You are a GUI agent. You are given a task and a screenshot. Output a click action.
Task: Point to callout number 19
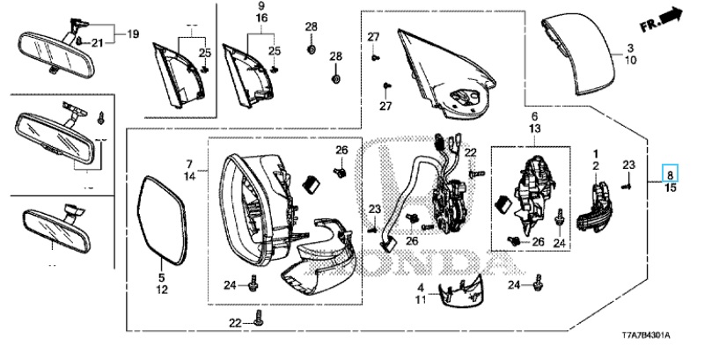pos(134,34)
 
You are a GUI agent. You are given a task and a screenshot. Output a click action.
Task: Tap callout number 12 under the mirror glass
pos(162,290)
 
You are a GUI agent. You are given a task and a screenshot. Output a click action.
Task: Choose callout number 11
pos(421,300)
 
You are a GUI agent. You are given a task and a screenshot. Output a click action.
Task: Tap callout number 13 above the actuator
pos(533,129)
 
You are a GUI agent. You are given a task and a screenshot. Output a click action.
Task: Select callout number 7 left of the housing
pos(188,165)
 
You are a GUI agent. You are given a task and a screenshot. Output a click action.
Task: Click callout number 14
pos(188,177)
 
